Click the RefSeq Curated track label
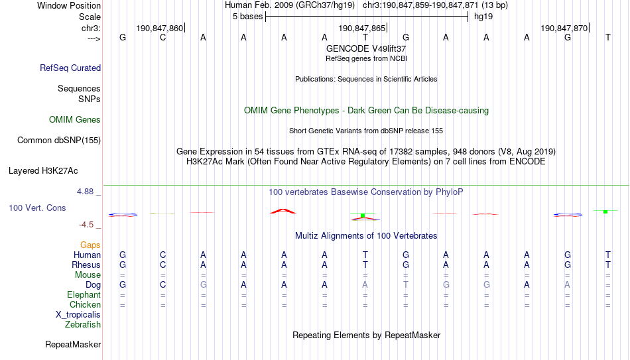[70, 68]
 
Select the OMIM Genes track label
[75, 120]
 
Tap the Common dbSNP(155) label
[58, 141]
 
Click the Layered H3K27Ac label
[43, 171]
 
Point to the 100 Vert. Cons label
[37, 208]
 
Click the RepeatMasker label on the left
[73, 344]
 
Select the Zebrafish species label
[83, 324]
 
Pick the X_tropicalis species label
[78, 315]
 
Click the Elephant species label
[84, 294]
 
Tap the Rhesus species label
[86, 265]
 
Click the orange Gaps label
[90, 245]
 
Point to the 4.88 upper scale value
[85, 192]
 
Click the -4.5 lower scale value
[86, 225]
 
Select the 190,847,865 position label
[361, 28]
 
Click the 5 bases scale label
[247, 17]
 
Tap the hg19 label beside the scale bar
[483, 17]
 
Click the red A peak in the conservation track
[283, 211]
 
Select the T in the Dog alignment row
[406, 285]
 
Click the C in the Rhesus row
[162, 265]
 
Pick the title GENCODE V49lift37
[366, 48]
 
